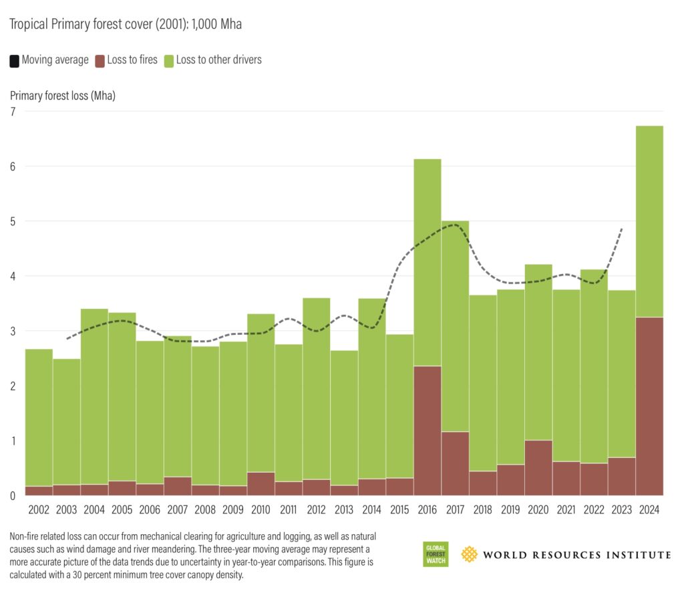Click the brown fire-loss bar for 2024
649,406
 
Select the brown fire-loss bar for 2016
427,431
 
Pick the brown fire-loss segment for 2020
538,467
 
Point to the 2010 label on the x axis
261,510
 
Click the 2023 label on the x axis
621,510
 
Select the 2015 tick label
399,510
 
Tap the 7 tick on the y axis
12,111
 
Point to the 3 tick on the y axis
12,331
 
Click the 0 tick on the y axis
12,495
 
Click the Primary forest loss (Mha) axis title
63,96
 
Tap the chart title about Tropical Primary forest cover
125,25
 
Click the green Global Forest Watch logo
436,555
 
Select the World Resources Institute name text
576,555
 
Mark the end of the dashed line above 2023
623,229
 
